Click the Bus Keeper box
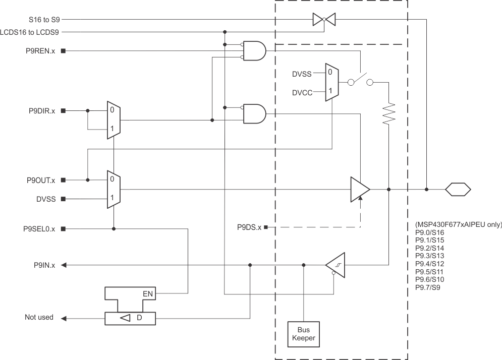pos(304,334)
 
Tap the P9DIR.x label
pos(42,110)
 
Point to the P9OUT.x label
pos(41,180)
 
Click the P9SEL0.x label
pos(40,229)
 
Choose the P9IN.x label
pos(45,265)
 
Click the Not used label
pos(39,318)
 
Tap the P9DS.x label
pos(249,227)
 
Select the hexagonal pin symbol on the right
pos(458,190)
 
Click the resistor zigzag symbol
pos(389,114)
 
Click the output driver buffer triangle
pos(360,190)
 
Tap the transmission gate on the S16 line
pos(323,20)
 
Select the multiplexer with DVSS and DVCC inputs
pos(332,82)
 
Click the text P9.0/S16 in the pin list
pos(429,232)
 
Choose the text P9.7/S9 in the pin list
pos(427,287)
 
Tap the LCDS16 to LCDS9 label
pos(31,32)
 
